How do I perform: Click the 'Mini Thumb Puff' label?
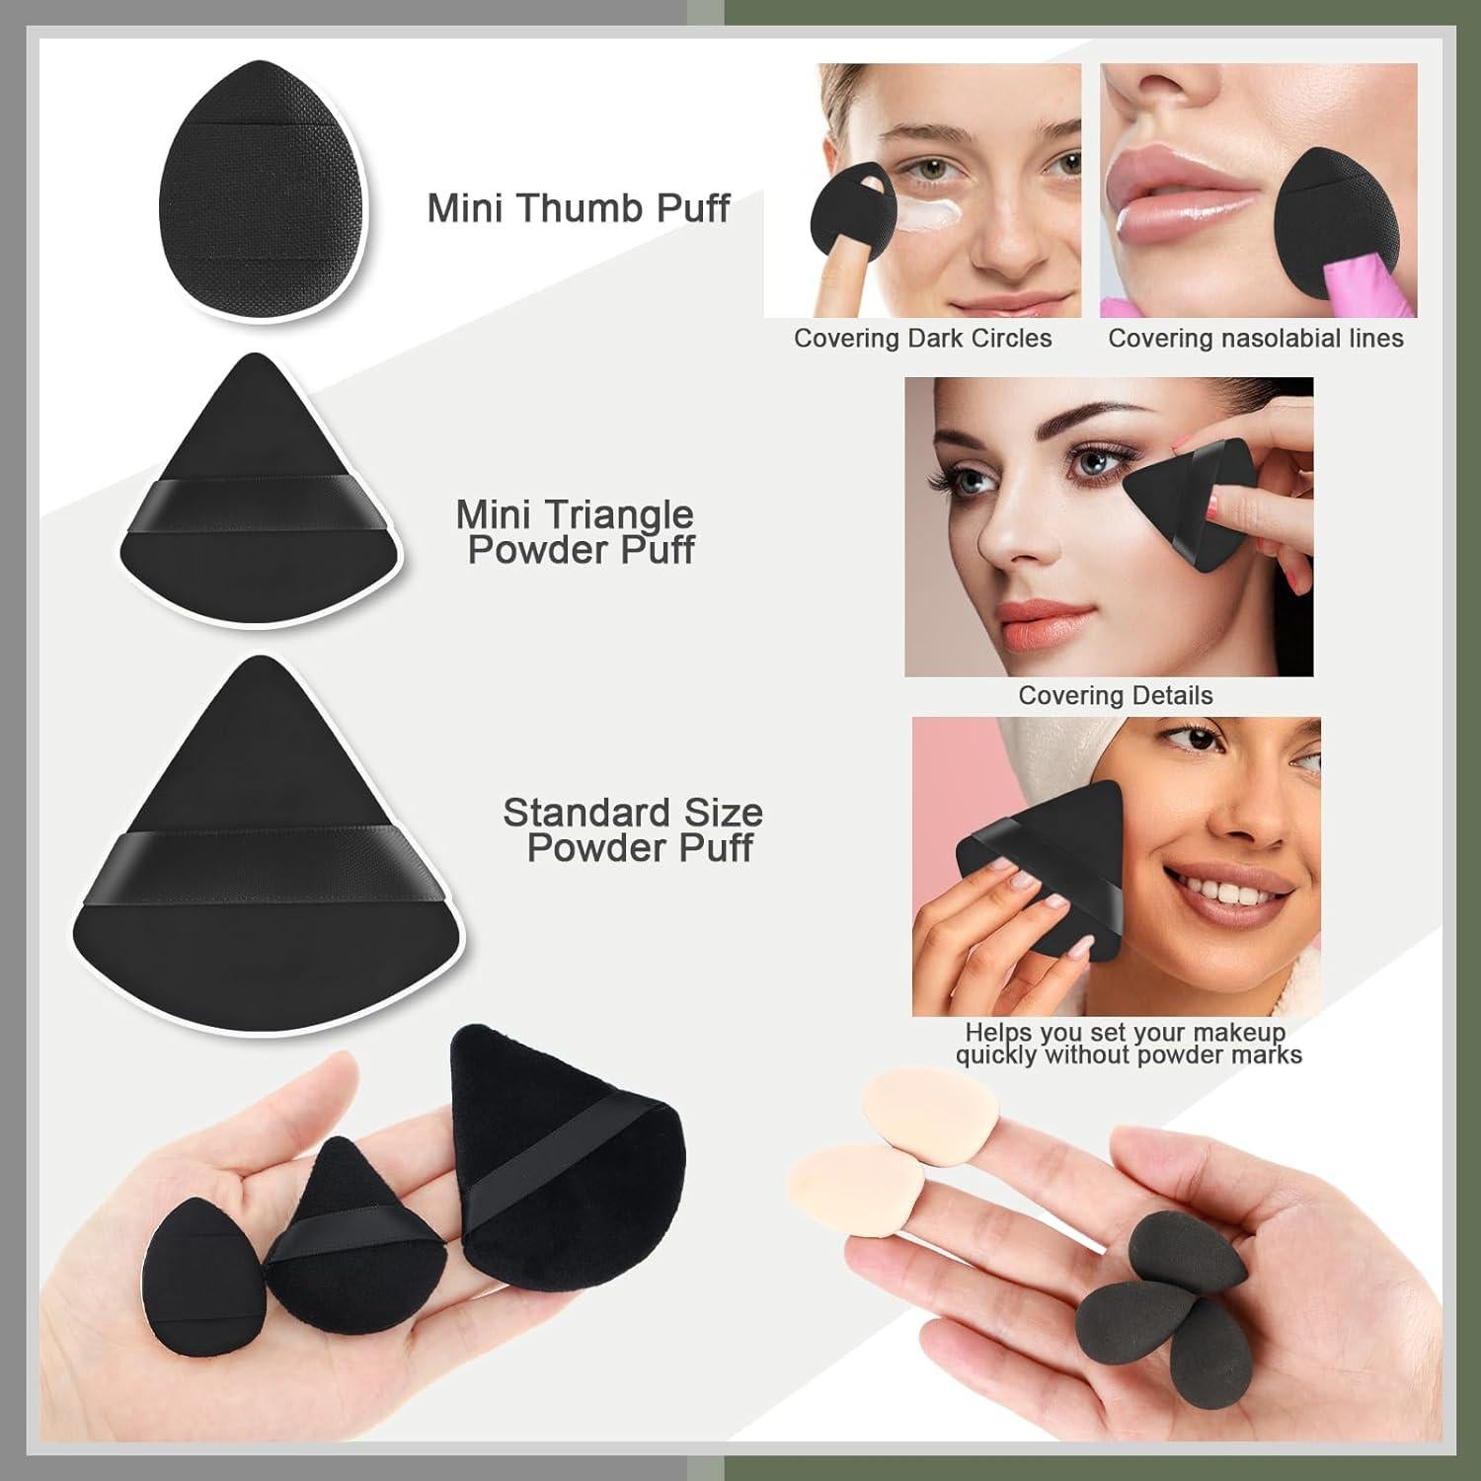579,208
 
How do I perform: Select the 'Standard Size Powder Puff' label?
634,830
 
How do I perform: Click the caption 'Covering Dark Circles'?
922,339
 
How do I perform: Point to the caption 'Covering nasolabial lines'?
1255,339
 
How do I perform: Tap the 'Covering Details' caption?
1115,696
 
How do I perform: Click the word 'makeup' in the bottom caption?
1238,1033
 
